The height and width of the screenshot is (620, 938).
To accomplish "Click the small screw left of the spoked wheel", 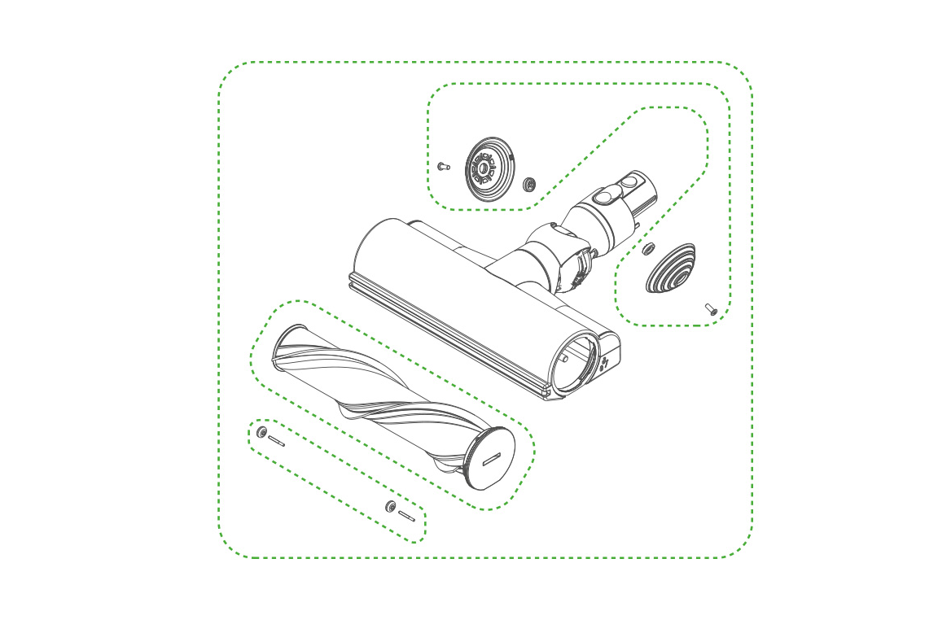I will (443, 165).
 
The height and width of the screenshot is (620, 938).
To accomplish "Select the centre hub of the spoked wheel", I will (484, 169).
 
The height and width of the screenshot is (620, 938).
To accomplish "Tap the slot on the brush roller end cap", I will (494, 459).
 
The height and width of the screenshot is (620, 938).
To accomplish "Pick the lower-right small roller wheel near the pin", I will (390, 507).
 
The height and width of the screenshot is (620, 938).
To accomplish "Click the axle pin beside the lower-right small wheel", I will (407, 516).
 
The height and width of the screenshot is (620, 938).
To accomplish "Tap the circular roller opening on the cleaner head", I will (579, 363).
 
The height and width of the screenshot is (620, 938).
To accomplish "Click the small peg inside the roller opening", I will (564, 357).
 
